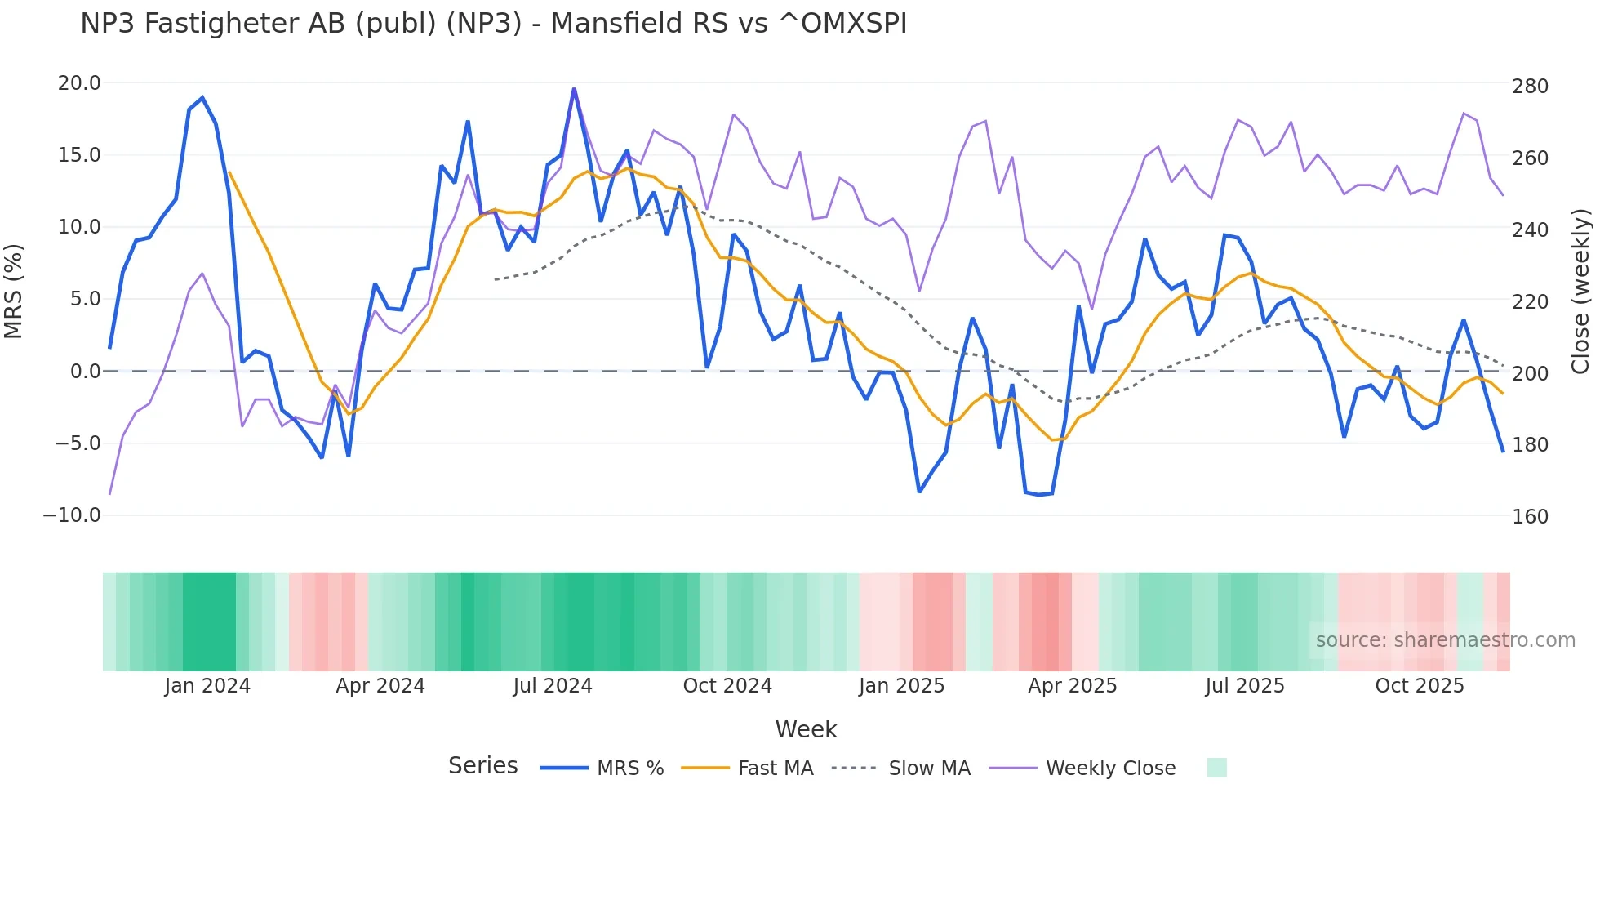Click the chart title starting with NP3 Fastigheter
[493, 24]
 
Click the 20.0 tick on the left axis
[79, 83]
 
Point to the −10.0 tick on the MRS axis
[72, 515]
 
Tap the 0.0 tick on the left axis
[85, 372]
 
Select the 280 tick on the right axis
[1530, 87]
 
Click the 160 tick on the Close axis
[1530, 517]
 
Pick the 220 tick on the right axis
[1530, 302]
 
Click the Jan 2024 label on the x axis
[207, 686]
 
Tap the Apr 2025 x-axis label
[1072, 686]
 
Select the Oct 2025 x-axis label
[1419, 686]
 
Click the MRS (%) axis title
[14, 291]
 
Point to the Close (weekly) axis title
[1581, 291]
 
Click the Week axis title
[806, 729]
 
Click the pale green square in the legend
[1216, 768]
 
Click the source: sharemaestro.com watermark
[1445, 640]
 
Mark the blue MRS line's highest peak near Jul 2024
[574, 89]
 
